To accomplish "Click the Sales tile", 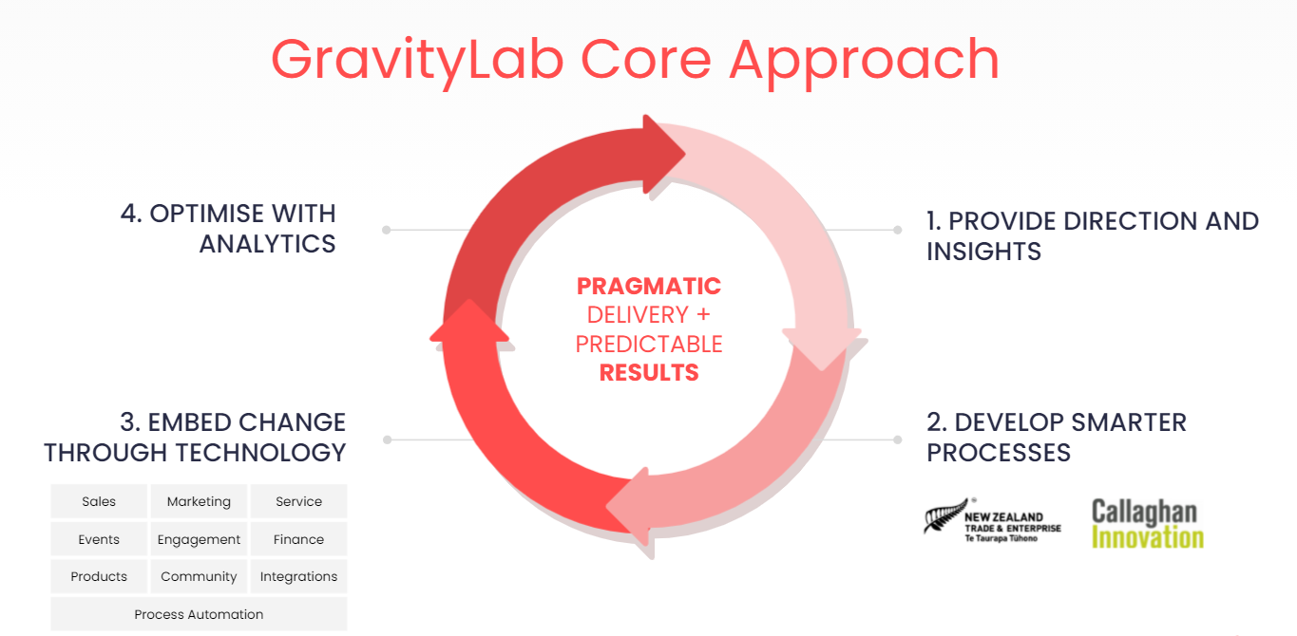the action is coord(99,501).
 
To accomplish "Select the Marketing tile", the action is coord(199,501).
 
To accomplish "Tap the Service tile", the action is coord(298,501).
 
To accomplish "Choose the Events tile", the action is coord(99,539).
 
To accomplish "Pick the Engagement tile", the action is coord(199,539).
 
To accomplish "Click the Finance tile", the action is coord(298,539).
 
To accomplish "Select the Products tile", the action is coord(99,576).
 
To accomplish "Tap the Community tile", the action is coord(199,576).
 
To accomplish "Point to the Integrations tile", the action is coord(298,576).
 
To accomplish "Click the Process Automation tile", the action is coord(199,614).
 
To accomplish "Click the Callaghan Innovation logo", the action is coord(1148,523).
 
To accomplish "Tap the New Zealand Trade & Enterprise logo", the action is coord(992,520).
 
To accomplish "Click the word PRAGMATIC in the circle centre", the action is coord(648,287).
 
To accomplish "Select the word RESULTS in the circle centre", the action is coord(649,373).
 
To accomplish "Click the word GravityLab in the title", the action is coord(417,60).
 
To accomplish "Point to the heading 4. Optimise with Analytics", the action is coord(228,229).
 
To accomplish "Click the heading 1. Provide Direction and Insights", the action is coord(1093,236).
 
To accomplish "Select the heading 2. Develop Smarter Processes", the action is coord(1057,438).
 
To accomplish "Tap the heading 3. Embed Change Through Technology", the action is coord(195,438).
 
